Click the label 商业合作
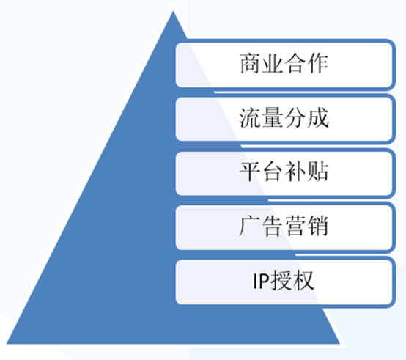pyautogui.click(x=284, y=64)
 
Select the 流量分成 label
pyautogui.click(x=284, y=118)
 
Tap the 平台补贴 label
pyautogui.click(x=284, y=172)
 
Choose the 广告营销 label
pyautogui.click(x=284, y=226)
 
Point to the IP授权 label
pyautogui.click(x=283, y=281)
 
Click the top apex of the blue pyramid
pyautogui.click(x=173, y=11)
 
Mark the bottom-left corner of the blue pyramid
pyautogui.click(x=7, y=344)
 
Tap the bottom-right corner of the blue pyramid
pyautogui.click(x=340, y=344)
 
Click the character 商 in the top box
pyautogui.click(x=251, y=64)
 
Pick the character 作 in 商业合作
pyautogui.click(x=318, y=64)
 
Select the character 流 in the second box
pyautogui.click(x=250, y=118)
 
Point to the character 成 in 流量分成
pyautogui.click(x=319, y=118)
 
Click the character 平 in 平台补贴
pyautogui.click(x=250, y=172)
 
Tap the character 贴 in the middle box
pyautogui.click(x=318, y=172)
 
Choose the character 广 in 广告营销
pyautogui.click(x=249, y=226)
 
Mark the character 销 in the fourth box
pyautogui.click(x=318, y=226)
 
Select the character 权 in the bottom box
pyautogui.click(x=303, y=281)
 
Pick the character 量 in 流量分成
pyautogui.click(x=273, y=118)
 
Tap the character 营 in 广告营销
pyautogui.click(x=295, y=226)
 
